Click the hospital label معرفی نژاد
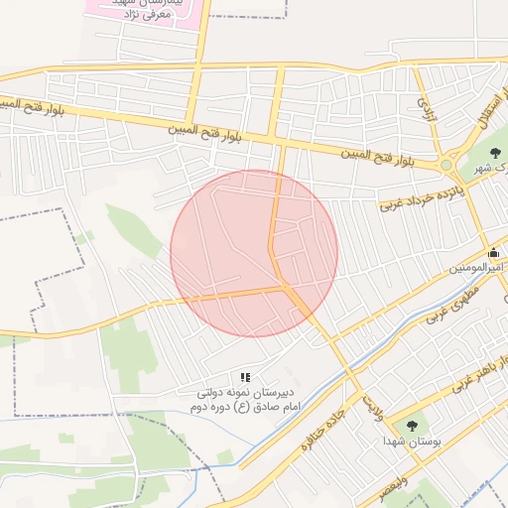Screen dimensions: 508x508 click(x=148, y=15)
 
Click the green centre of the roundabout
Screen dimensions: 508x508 click(x=445, y=165)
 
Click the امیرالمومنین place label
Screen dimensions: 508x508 click(x=478, y=268)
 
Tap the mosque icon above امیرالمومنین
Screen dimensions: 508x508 click(x=494, y=252)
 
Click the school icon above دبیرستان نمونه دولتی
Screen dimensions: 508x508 click(x=245, y=377)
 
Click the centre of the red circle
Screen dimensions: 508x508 click(x=254, y=253)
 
